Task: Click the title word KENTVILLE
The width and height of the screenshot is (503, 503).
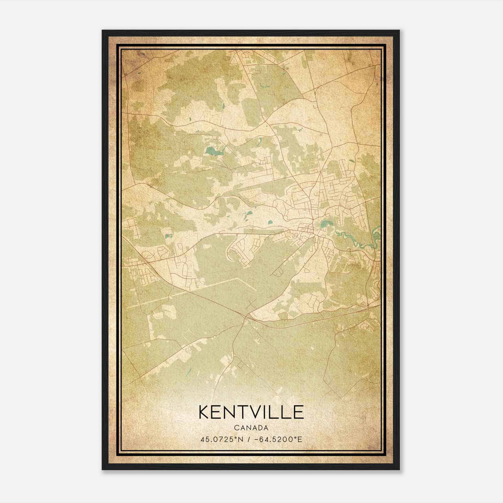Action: (x=251, y=412)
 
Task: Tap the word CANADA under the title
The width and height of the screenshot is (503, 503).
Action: (x=251, y=428)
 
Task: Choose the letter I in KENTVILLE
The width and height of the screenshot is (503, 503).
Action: (x=270, y=412)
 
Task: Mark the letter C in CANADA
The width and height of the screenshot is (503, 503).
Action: (x=236, y=428)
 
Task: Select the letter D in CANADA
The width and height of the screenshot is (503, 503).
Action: (x=260, y=428)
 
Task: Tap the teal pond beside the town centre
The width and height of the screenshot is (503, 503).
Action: (x=324, y=224)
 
